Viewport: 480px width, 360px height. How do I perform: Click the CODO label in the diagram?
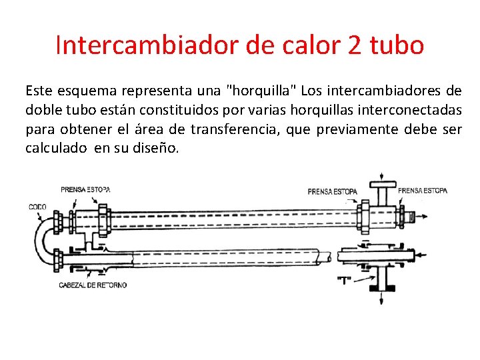pos(37,207)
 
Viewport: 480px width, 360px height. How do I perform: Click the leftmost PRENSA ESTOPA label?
pos(86,189)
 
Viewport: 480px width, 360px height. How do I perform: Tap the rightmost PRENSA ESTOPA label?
pos(423,190)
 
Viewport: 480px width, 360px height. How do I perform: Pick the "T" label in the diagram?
pos(344,280)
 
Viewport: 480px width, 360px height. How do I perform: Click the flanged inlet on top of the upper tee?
pos(382,183)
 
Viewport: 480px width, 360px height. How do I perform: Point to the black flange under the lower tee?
pos(383,289)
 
